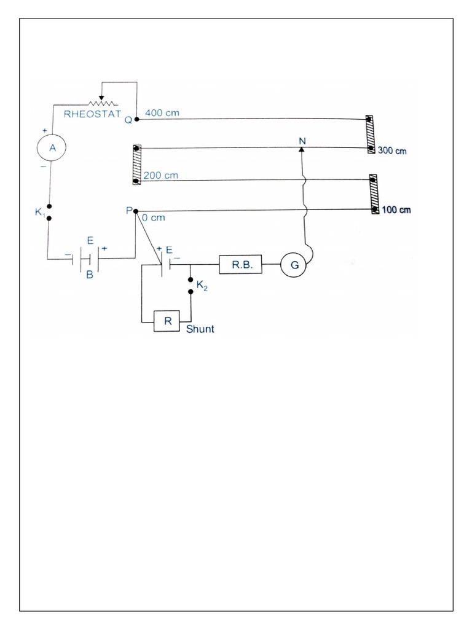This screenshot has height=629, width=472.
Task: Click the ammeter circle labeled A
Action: [x=52, y=147]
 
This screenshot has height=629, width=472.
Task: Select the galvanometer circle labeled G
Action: [x=293, y=265]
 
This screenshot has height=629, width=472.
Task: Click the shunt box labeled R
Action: [x=167, y=321]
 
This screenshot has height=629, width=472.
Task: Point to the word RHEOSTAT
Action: [x=92, y=113]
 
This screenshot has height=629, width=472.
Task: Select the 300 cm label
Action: [x=393, y=150]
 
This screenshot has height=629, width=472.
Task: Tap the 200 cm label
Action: [x=161, y=175]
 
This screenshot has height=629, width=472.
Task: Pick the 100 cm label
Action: [x=396, y=210]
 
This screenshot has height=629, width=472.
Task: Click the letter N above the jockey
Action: [x=302, y=141]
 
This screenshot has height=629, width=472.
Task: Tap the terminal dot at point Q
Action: [x=136, y=119]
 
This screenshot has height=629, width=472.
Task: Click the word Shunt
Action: [x=200, y=329]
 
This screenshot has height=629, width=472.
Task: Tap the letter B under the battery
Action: [x=89, y=276]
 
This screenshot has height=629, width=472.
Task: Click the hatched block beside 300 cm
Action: [x=369, y=133]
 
